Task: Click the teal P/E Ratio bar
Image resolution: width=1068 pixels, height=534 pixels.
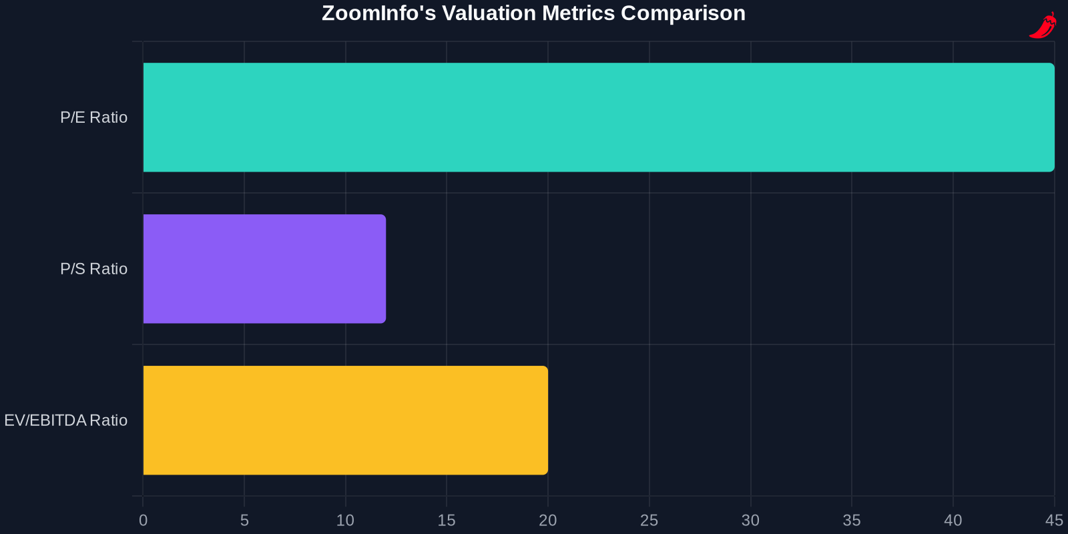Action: point(599,117)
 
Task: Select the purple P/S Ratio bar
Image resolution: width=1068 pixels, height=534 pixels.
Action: point(264,269)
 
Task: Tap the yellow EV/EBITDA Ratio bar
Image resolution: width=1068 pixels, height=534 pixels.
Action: point(346,420)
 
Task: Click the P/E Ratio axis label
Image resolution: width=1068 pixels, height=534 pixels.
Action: point(94,117)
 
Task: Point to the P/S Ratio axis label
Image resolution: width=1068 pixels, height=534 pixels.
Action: point(94,269)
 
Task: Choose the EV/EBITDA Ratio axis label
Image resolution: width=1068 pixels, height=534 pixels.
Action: point(66,421)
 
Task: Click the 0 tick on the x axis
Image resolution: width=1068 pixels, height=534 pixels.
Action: point(143,520)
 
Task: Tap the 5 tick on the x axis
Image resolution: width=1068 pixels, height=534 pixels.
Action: point(244,520)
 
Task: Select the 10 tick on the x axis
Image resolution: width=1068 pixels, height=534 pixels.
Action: point(345,520)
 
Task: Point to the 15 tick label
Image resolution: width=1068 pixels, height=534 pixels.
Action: point(447,520)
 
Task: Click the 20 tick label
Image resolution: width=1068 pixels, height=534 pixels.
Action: point(548,520)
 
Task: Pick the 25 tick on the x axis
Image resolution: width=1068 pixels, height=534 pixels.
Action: point(649,520)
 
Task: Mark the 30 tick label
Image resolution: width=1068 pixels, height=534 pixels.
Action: point(750,520)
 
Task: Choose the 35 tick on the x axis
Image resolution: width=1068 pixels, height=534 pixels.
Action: point(852,520)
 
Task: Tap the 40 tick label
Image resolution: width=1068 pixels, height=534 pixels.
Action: point(953,520)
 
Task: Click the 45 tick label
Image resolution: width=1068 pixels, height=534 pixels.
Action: point(1054,520)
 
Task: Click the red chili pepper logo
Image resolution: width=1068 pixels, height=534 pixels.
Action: point(1043,25)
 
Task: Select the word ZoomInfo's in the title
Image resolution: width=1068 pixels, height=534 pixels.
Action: point(379,13)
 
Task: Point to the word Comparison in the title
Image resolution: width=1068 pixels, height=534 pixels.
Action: point(684,14)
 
